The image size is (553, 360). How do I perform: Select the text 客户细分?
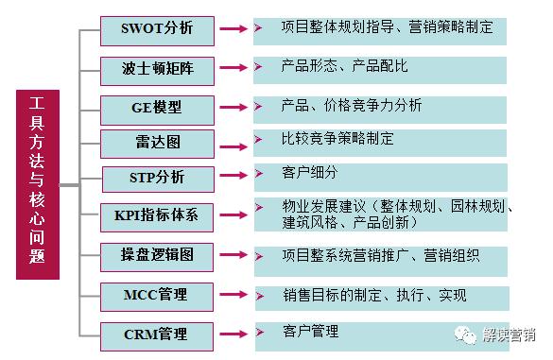point(309,173)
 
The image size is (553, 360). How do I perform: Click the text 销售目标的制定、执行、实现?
point(373,295)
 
